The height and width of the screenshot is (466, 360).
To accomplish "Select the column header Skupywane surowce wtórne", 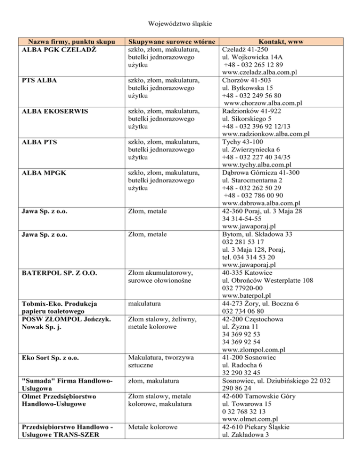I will pos(172,42).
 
